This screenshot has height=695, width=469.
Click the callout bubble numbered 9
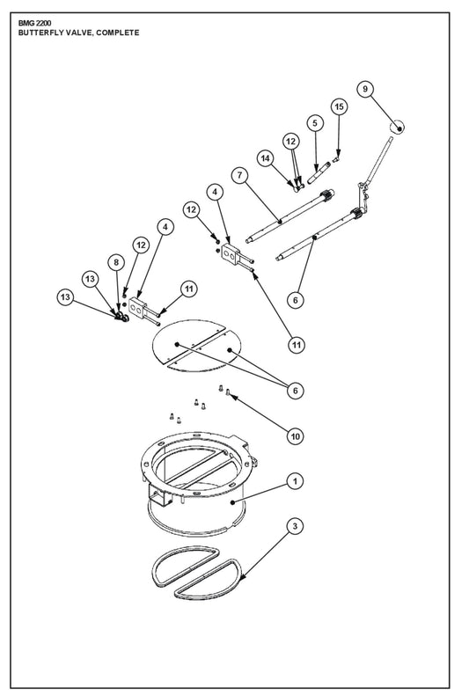point(365,89)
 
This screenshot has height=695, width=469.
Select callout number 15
point(339,106)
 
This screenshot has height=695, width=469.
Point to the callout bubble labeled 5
point(315,123)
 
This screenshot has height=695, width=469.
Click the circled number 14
point(265,158)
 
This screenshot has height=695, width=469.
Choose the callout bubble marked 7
point(240,176)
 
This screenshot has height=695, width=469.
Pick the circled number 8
point(116,262)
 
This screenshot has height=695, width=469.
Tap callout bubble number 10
point(296,436)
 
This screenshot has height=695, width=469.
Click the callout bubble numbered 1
point(296,481)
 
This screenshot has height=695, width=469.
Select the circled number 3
point(296,526)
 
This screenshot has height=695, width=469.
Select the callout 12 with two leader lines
point(290,142)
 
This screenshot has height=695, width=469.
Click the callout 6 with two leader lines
point(296,391)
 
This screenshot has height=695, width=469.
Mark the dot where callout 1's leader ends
point(232,502)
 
